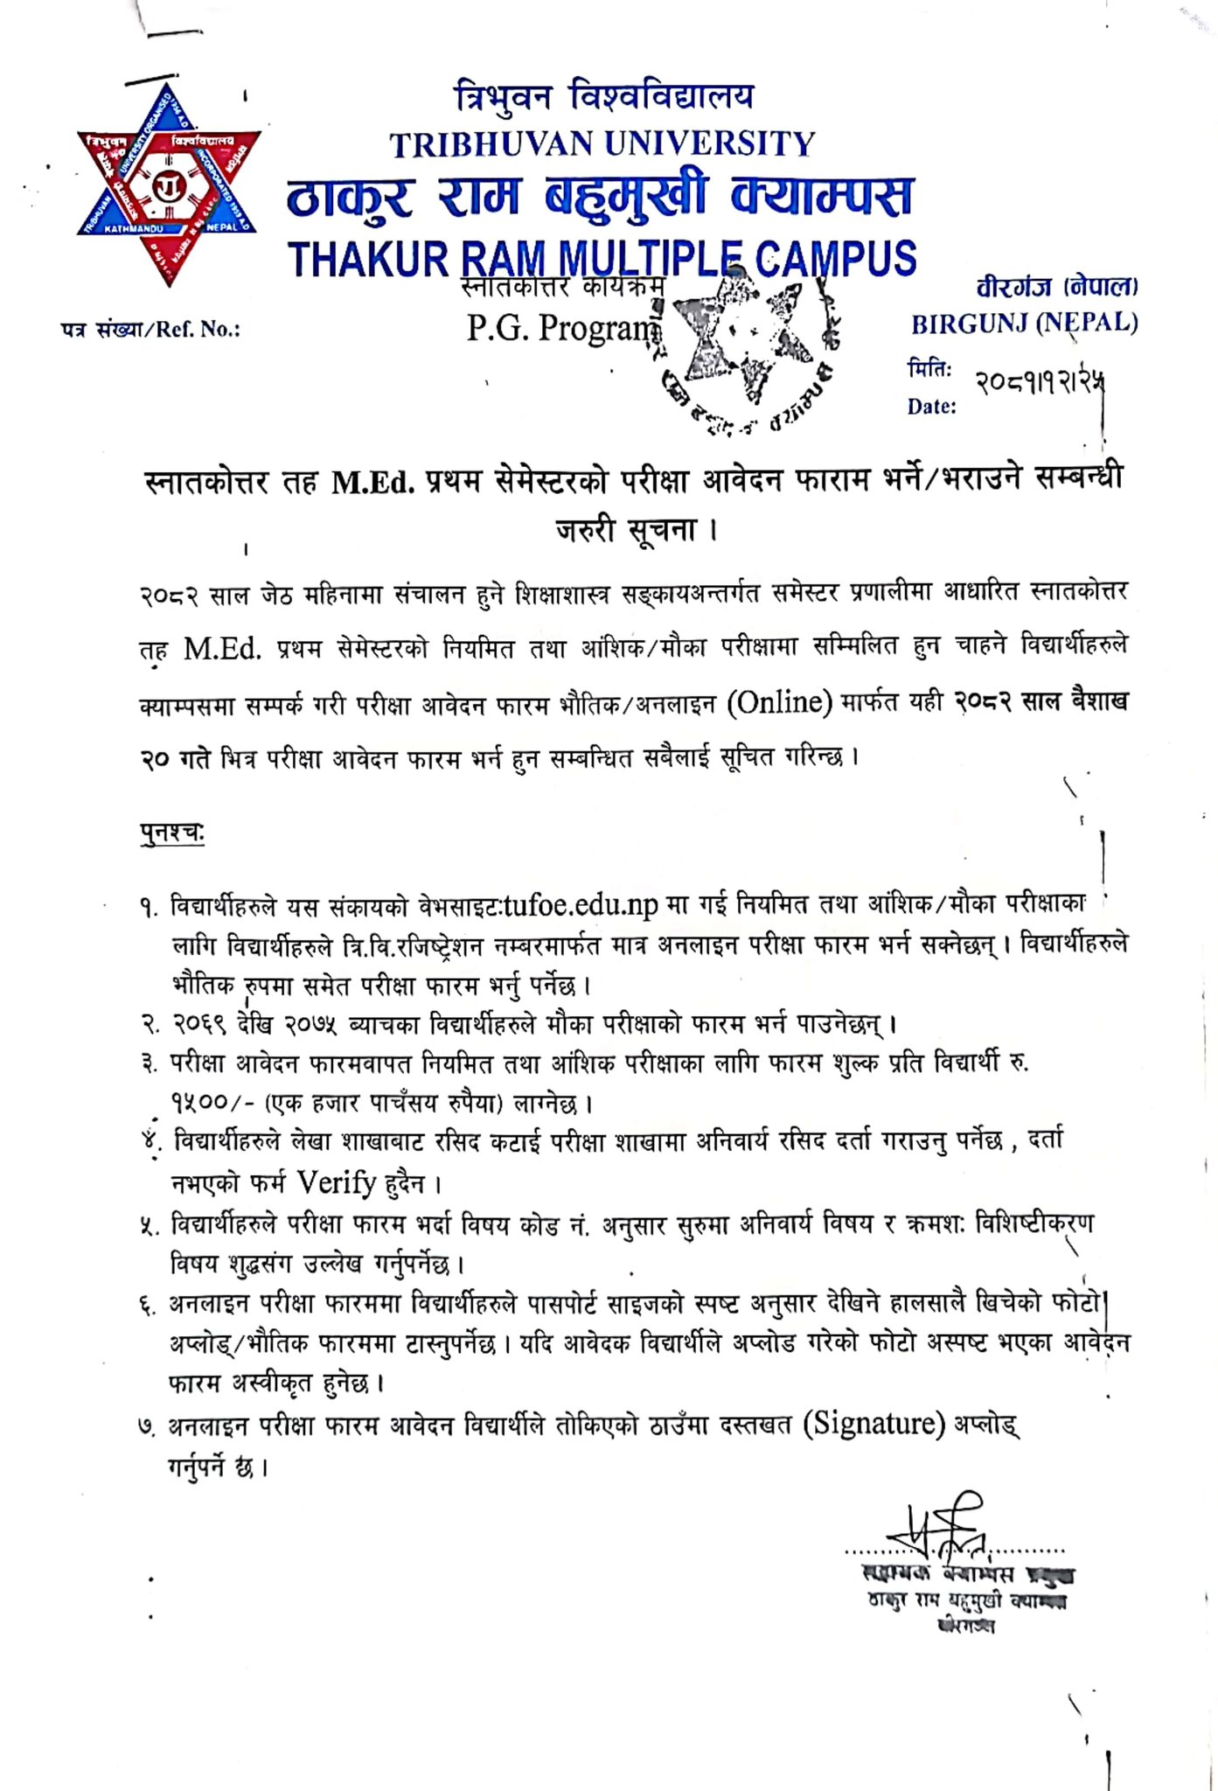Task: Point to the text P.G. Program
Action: coord(561,327)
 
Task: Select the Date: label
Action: coord(931,407)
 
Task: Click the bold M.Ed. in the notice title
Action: coord(372,482)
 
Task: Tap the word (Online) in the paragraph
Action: coord(779,701)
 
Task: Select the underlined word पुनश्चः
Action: coord(172,833)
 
